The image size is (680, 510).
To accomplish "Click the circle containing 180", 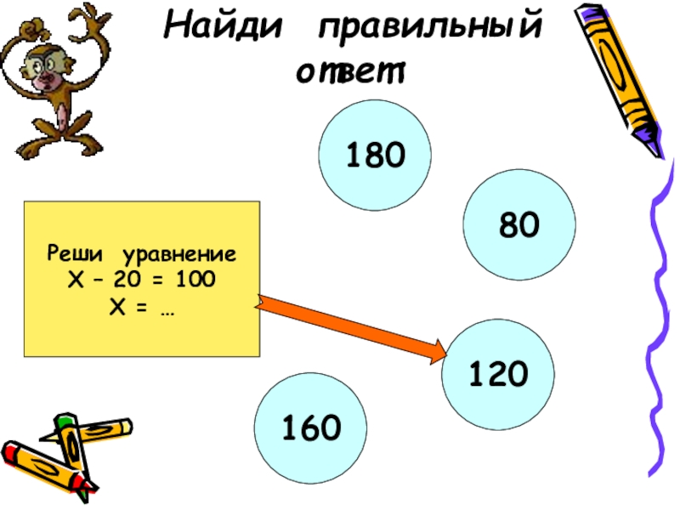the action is [x=375, y=155].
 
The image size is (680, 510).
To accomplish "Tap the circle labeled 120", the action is [x=498, y=373].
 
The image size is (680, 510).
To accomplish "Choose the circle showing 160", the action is [x=311, y=428].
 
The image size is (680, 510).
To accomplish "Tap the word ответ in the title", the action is [x=350, y=72].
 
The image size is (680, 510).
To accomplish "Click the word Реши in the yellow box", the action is [x=75, y=254].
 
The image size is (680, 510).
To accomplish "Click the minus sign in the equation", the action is [x=118, y=278].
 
